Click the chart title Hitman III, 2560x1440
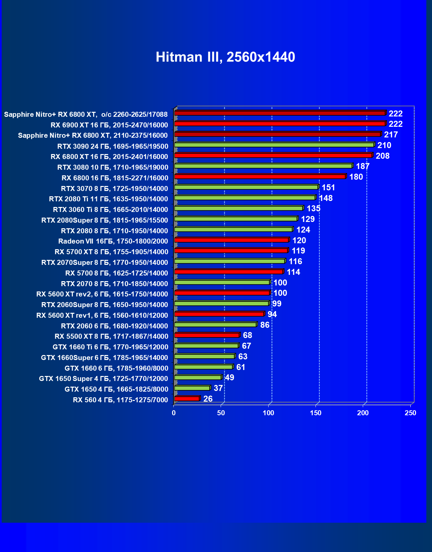225,57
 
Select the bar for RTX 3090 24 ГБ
274,145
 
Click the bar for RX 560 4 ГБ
187,399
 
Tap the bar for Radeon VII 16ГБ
231,240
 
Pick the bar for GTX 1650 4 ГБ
192,388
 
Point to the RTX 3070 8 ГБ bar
246,187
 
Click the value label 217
391,135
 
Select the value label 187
362,166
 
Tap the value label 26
208,399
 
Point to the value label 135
313,209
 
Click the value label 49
229,378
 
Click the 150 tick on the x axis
316,413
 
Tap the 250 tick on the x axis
410,413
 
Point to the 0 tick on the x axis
174,413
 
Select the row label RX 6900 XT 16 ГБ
109,125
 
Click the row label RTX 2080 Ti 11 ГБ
108,199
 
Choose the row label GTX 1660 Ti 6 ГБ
110,347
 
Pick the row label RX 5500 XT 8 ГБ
111,336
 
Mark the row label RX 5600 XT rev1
102,315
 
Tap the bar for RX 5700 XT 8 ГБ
231,251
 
